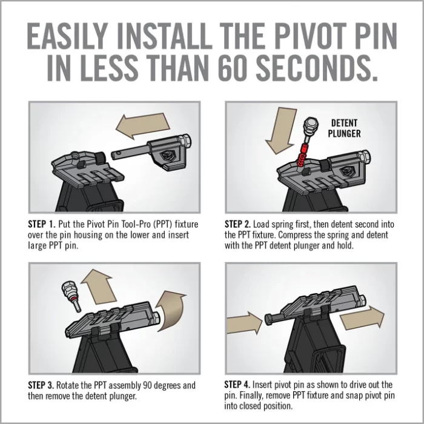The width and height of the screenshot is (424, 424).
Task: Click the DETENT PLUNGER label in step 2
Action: (346, 128)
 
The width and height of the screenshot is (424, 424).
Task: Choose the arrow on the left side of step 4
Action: (242, 322)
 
